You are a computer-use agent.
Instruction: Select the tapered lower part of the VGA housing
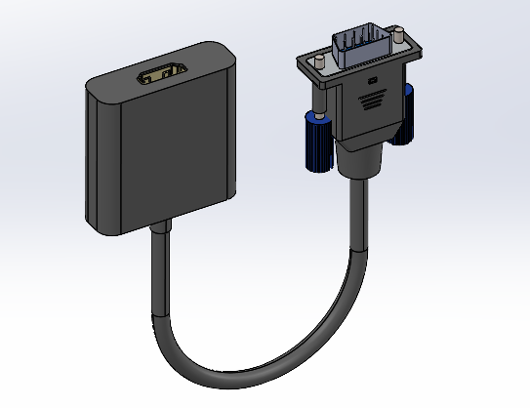pos(366,137)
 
